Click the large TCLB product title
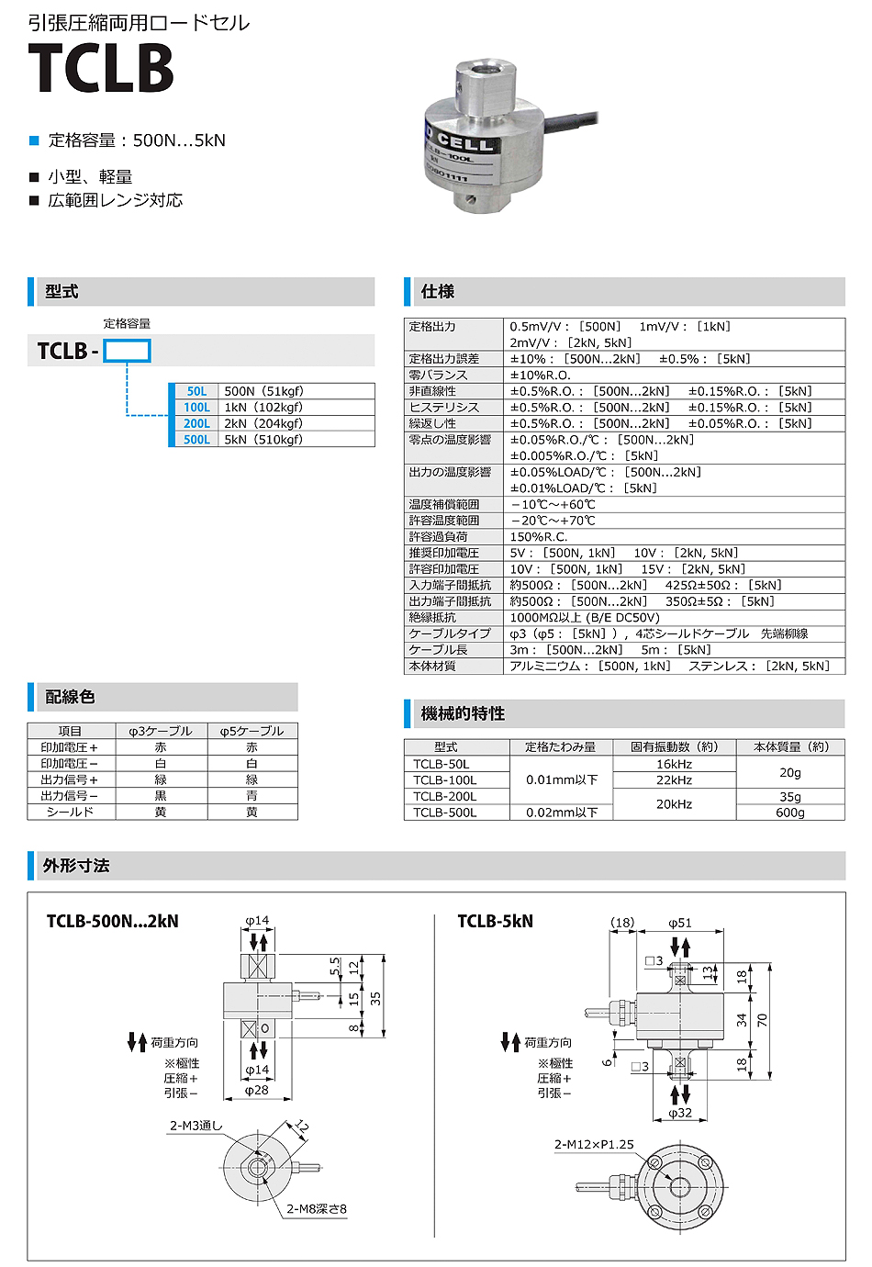click(101, 69)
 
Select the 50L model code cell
click(196, 391)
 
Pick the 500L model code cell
click(196, 440)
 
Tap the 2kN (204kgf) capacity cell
click(263, 423)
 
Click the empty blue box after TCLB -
click(127, 351)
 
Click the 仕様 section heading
click(438, 292)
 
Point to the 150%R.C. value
click(539, 537)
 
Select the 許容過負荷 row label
click(439, 537)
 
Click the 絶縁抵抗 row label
click(432, 618)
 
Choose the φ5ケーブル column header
click(252, 731)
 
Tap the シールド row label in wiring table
click(70, 812)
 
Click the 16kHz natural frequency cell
click(674, 764)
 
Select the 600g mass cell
click(790, 813)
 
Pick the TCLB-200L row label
click(445, 796)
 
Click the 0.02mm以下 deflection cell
click(562, 813)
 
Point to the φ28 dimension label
click(257, 1090)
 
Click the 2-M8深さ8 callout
click(317, 1209)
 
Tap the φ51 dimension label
click(680, 923)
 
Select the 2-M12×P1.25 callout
click(594, 1144)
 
